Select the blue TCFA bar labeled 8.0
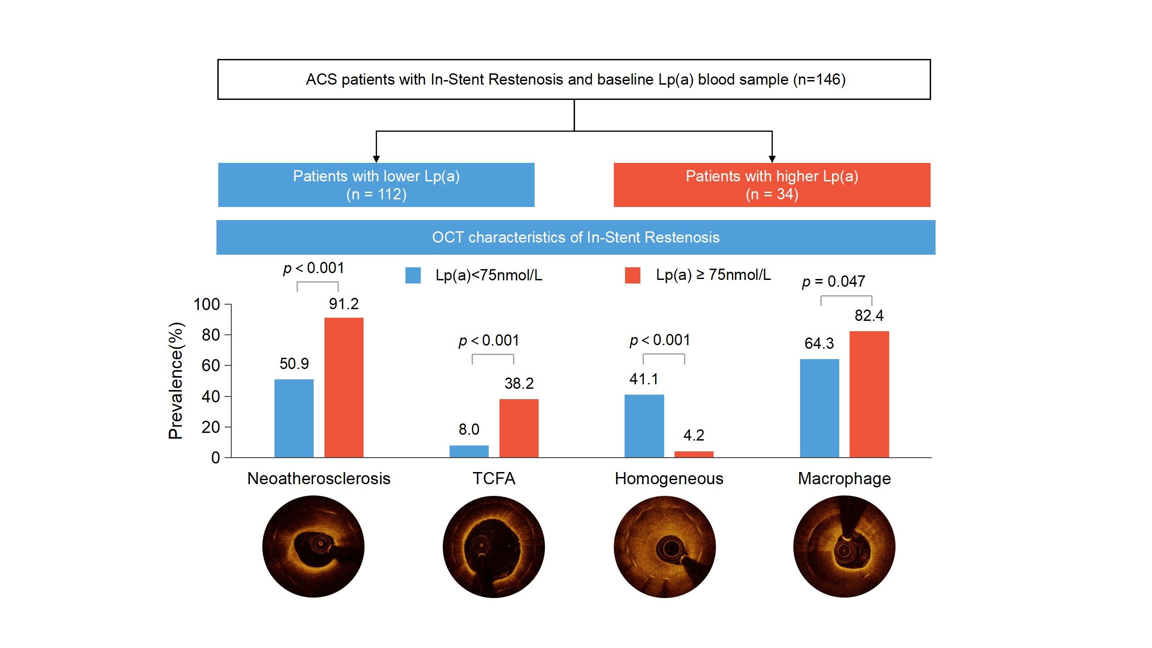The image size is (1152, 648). (x=469, y=451)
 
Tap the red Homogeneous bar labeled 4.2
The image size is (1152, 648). (x=694, y=454)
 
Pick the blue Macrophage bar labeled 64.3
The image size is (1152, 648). (x=819, y=408)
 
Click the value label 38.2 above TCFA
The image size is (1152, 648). (x=519, y=383)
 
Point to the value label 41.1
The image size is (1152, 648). (x=643, y=379)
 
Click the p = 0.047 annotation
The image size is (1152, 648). (x=833, y=282)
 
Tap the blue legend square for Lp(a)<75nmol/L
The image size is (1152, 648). (x=413, y=275)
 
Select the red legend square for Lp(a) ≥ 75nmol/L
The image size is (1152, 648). (x=632, y=275)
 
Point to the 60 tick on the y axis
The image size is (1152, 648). (x=211, y=365)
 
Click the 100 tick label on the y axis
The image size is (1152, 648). (x=207, y=304)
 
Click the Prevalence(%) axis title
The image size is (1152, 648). (x=175, y=381)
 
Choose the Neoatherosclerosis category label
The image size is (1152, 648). (x=319, y=478)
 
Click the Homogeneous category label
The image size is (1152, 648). (x=669, y=478)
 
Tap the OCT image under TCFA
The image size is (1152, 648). (x=494, y=547)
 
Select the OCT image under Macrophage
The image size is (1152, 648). (x=844, y=547)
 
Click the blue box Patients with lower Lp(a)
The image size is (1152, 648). (x=376, y=185)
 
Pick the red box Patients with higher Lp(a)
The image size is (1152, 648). (x=772, y=185)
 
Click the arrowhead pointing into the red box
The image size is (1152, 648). (x=772, y=159)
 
